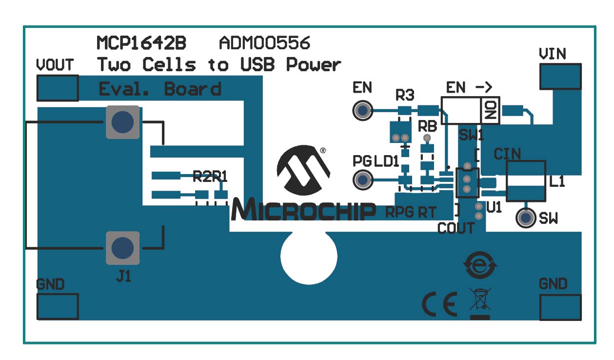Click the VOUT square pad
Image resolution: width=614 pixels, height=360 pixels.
58,88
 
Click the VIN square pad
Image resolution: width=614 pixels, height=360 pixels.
560,77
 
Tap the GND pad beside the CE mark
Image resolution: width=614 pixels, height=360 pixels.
560,307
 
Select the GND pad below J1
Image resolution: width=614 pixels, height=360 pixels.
58,307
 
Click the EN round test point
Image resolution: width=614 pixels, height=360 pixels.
362,110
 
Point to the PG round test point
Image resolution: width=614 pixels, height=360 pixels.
362,180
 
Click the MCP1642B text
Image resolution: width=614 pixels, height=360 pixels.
141,43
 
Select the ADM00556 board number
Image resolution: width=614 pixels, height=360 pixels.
264,43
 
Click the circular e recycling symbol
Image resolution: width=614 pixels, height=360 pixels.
480,265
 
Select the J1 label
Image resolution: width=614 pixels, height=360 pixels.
123,277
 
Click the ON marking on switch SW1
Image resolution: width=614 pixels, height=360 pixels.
490,110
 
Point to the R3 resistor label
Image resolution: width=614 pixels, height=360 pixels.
405,95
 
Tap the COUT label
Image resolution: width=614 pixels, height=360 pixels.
456,228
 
